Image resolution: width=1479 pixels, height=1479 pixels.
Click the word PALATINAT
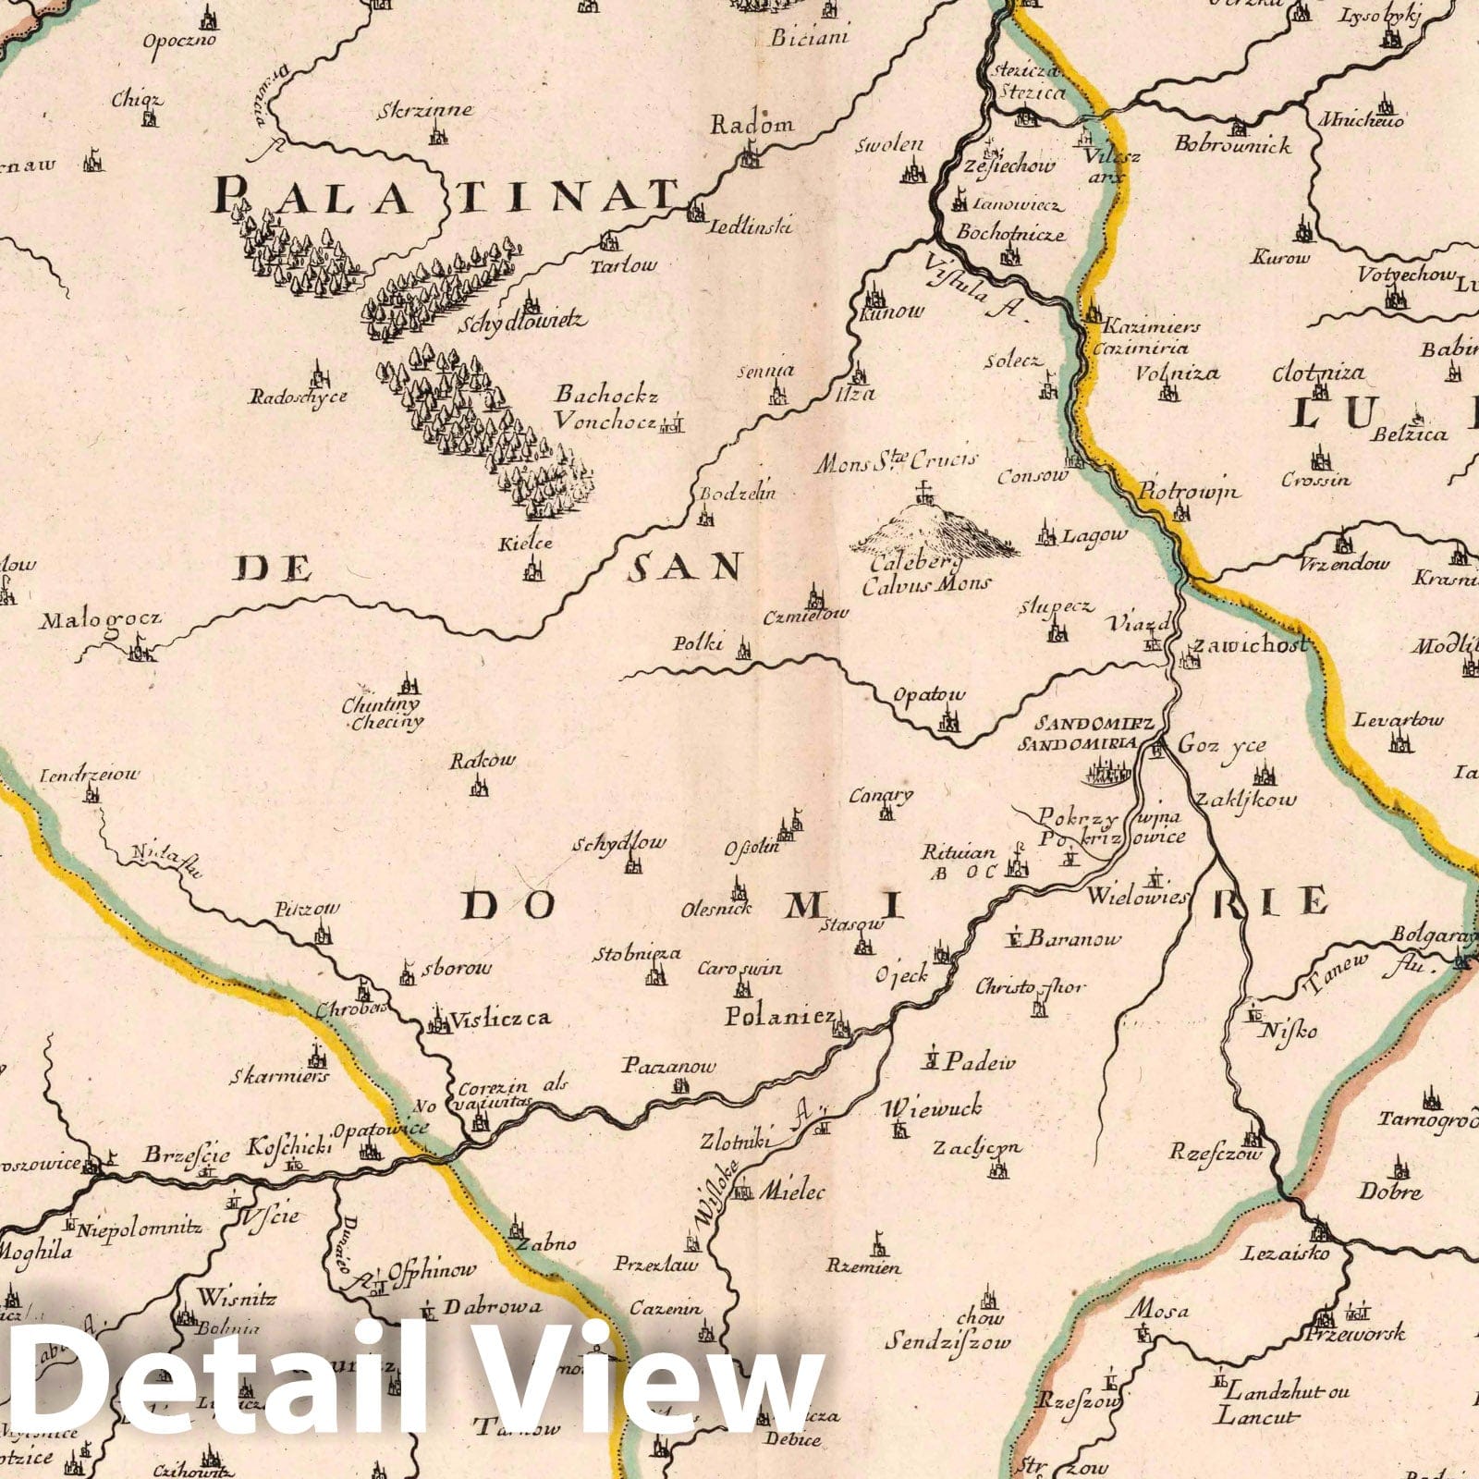453,196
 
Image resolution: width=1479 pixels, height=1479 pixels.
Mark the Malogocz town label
100,620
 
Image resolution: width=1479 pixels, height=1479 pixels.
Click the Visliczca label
499,1019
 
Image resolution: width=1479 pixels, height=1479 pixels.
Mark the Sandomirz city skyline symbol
1109,768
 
